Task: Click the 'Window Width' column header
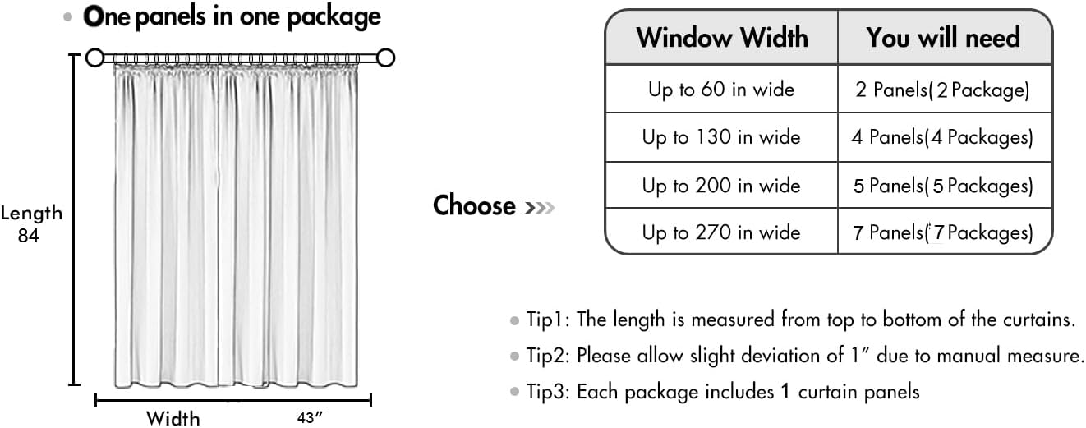722,38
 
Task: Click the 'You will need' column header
943,38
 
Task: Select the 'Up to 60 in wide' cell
721,90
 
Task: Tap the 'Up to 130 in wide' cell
721,137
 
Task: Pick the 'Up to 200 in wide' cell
721,186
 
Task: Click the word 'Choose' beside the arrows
474,205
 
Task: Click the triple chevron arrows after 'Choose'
540,208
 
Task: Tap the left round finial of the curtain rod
95,58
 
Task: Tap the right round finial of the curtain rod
385,58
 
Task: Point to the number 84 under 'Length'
28,236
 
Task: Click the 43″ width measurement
310,417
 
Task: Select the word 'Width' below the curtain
173,419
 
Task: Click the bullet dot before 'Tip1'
514,320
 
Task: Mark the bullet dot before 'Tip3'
514,392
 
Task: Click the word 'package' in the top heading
334,18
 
